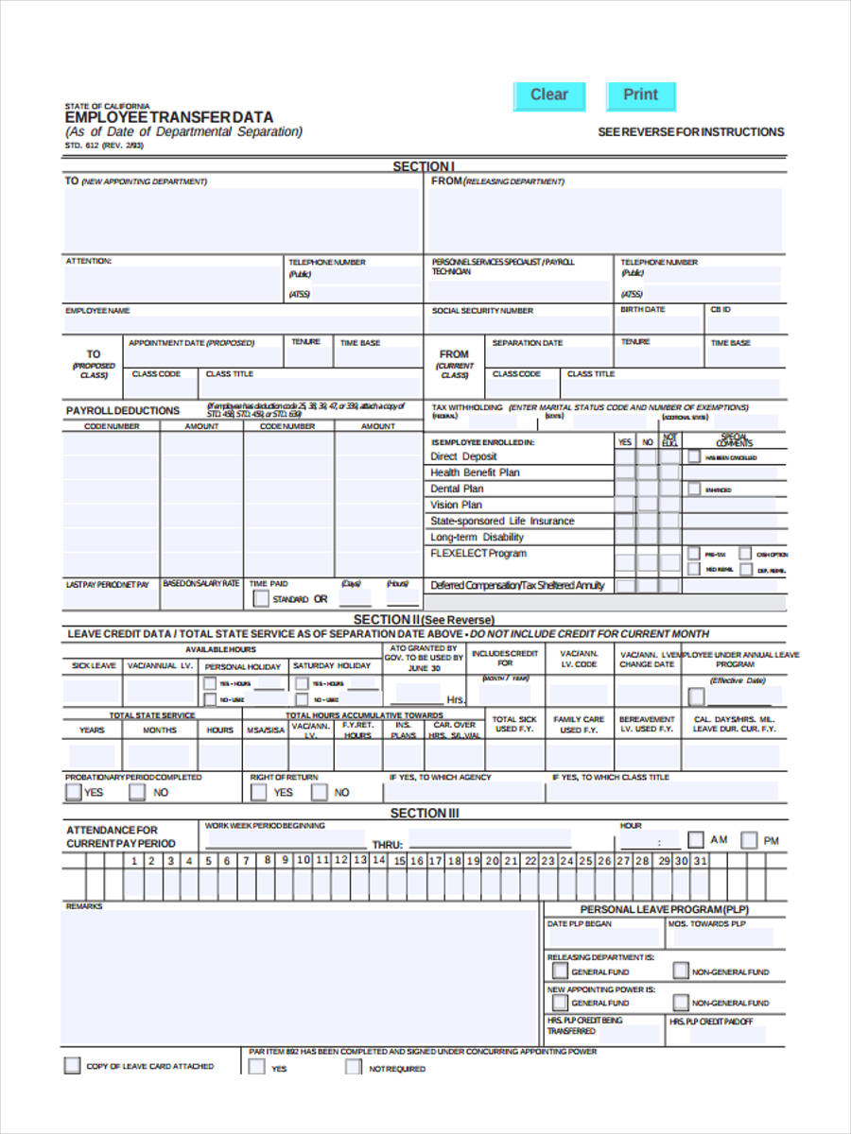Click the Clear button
pos(548,95)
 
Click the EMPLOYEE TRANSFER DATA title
pos(169,117)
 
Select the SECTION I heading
pos(424,166)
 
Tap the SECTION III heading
pos(425,813)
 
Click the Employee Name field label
pos(97,311)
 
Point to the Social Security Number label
pos(482,311)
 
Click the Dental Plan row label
pos(457,489)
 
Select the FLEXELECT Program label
pos(478,553)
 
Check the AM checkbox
pos(696,839)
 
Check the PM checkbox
pos(749,839)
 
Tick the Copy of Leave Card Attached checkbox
pos(72,1066)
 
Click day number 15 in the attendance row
pos(399,861)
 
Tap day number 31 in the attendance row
pos(700,861)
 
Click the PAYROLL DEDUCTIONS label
pos(122,411)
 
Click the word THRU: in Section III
pos(388,845)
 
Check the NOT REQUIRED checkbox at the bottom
pos(353,1068)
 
